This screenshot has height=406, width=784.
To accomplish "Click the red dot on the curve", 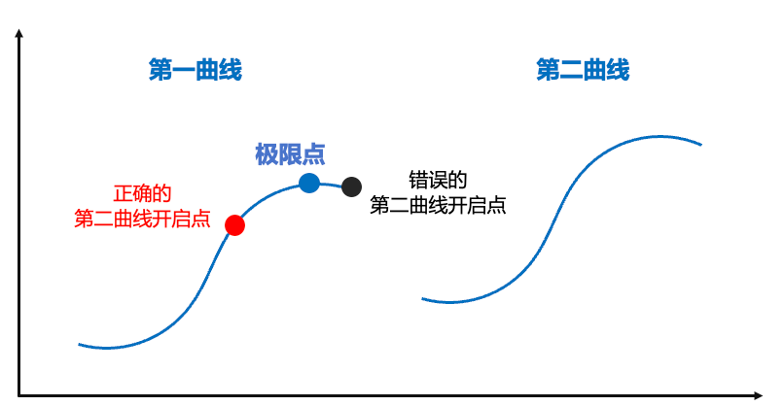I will click(234, 225).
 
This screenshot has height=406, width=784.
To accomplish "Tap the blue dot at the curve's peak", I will click(309, 182).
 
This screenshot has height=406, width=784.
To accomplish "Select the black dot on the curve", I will click(351, 187).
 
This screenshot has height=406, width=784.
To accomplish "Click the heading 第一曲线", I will click(195, 70).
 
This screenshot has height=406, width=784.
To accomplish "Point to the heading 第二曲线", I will click(583, 70).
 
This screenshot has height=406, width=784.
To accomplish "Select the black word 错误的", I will click(438, 181).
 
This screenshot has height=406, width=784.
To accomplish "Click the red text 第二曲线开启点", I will click(142, 218).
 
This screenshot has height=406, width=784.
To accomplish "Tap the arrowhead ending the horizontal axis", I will click(759, 394).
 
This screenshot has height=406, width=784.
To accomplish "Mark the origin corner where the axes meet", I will click(19, 394).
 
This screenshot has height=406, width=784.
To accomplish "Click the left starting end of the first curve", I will click(79, 344).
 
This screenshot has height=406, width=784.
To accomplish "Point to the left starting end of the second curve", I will click(422, 298).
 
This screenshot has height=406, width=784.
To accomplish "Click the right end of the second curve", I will click(701, 145).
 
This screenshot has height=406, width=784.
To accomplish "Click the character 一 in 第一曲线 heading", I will click(183, 70).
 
